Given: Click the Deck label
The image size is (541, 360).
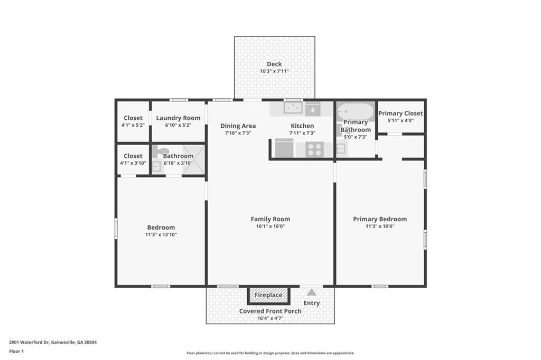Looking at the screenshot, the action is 274,64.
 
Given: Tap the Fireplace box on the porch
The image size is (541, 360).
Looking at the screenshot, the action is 268,295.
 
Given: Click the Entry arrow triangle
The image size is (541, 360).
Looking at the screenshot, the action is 312,292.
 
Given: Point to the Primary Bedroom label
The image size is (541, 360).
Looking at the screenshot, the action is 380,219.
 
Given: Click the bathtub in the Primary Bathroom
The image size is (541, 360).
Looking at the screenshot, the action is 356,112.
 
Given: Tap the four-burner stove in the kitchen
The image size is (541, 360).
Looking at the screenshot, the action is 315,150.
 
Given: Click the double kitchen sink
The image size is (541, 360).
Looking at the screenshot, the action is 293,108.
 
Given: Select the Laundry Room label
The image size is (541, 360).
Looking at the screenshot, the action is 178,118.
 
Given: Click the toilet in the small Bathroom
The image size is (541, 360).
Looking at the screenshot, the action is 160,150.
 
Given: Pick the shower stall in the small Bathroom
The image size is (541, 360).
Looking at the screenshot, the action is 193,159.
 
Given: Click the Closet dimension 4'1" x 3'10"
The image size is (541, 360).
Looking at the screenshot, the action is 133,163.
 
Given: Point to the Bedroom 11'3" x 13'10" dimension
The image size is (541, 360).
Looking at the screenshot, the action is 161,235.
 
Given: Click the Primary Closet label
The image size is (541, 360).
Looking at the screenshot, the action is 400,113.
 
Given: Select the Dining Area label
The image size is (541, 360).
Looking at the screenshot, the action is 238,126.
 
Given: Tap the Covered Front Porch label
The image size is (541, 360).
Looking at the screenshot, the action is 270,311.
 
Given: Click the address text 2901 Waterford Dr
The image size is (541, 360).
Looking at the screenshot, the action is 30,343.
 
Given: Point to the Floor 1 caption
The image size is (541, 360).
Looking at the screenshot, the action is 16,352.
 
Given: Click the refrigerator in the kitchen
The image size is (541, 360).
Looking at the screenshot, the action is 284,148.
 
